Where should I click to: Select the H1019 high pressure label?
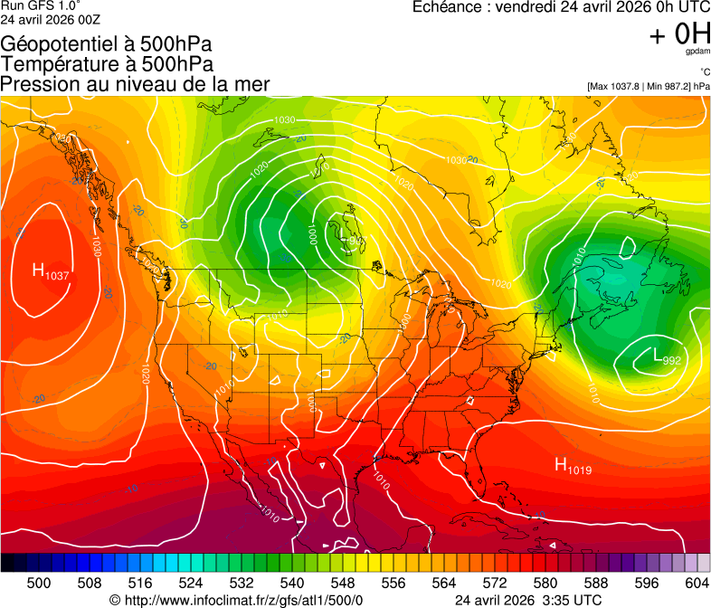click(x=574, y=467)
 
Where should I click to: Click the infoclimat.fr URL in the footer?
click(x=236, y=600)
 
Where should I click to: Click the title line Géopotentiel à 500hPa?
click(x=108, y=44)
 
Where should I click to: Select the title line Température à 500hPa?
click(x=108, y=64)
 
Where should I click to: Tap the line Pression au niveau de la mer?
click(x=136, y=84)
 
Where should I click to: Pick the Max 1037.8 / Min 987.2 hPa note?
click(x=649, y=87)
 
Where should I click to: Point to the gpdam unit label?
click(x=697, y=52)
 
